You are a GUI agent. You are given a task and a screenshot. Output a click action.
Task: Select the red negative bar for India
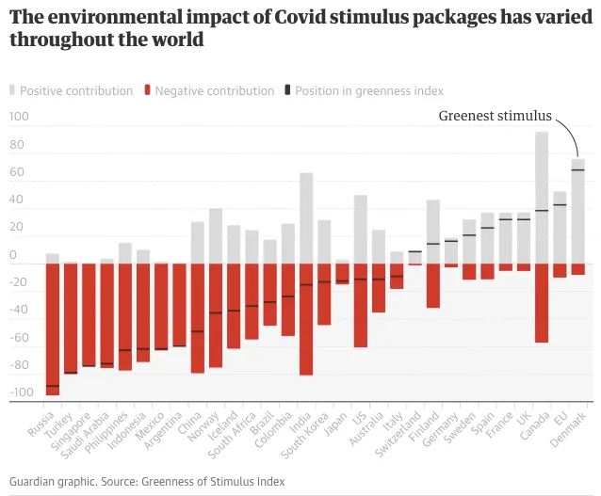(x=306, y=320)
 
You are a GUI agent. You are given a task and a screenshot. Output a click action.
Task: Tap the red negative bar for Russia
(x=53, y=329)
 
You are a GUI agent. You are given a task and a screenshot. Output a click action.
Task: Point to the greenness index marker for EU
(x=560, y=205)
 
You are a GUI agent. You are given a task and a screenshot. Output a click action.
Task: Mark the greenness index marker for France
(x=505, y=219)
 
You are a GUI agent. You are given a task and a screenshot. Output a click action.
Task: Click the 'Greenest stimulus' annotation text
(x=495, y=117)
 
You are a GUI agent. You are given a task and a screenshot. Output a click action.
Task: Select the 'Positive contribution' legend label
(x=76, y=91)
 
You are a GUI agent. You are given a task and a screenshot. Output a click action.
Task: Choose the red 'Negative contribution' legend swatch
(x=147, y=91)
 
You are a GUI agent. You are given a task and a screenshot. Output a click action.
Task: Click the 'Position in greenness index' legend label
(x=369, y=91)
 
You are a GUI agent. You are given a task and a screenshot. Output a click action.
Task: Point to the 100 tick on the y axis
(x=20, y=118)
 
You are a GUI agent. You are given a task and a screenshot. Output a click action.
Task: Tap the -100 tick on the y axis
(x=18, y=392)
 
